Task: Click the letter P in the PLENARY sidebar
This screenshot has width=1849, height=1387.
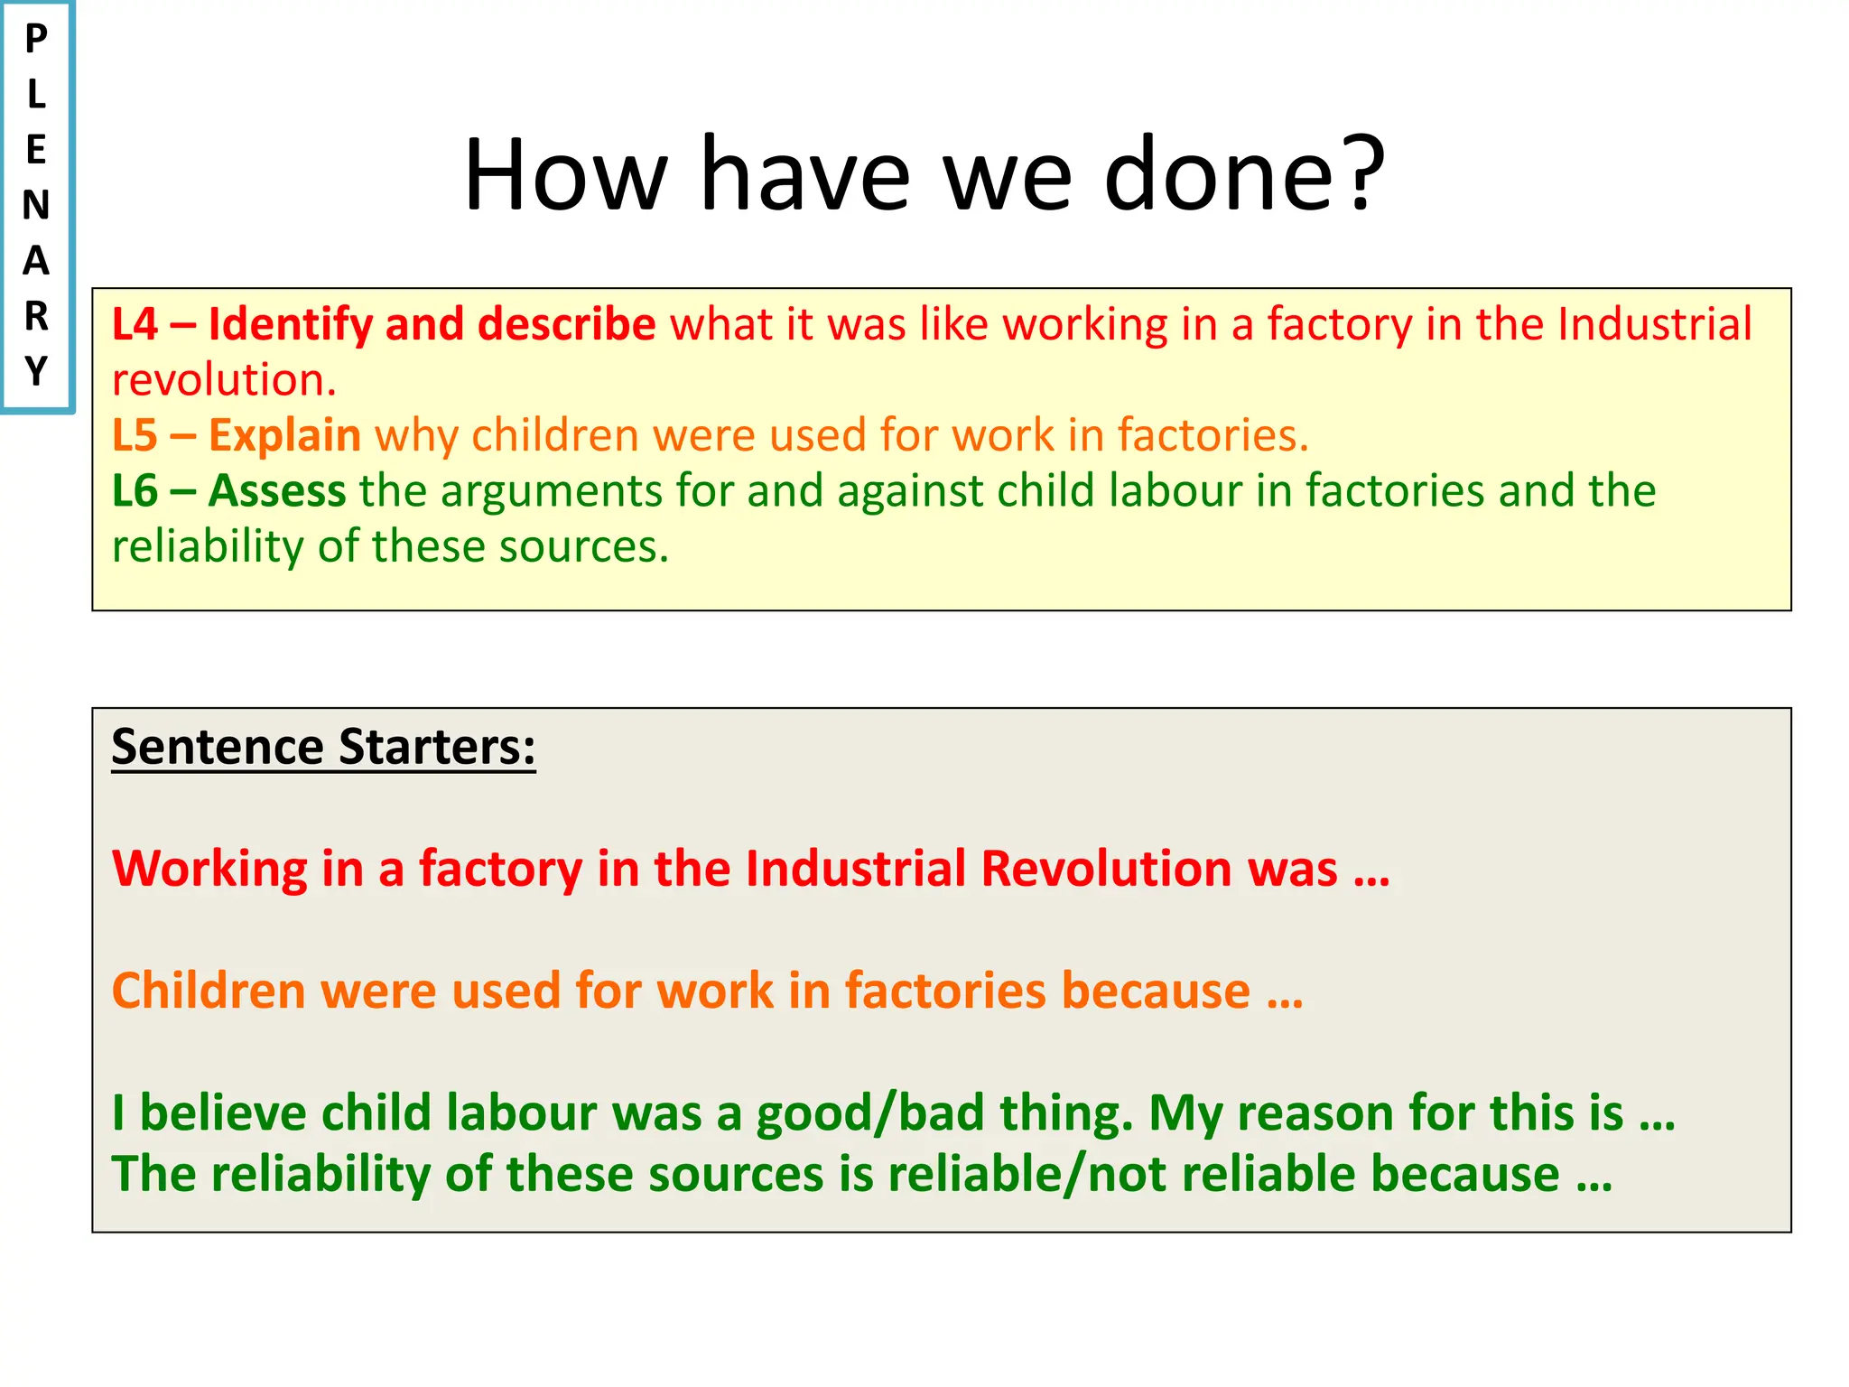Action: (36, 39)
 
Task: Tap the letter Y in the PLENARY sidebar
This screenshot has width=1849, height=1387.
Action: (36, 371)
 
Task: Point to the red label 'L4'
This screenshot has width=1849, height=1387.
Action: (135, 324)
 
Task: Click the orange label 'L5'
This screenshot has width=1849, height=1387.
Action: (135, 435)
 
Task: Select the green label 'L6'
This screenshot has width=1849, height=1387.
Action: (135, 491)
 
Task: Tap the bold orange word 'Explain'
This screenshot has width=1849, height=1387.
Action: (284, 435)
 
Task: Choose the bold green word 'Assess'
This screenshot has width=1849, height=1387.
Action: (277, 491)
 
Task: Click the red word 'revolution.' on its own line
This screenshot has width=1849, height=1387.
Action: (224, 380)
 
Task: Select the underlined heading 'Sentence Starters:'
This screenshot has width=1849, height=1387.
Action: (323, 747)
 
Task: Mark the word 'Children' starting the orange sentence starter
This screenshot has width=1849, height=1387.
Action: (209, 991)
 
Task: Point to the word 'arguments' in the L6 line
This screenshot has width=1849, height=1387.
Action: (552, 491)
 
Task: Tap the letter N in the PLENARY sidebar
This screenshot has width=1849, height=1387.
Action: (36, 206)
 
